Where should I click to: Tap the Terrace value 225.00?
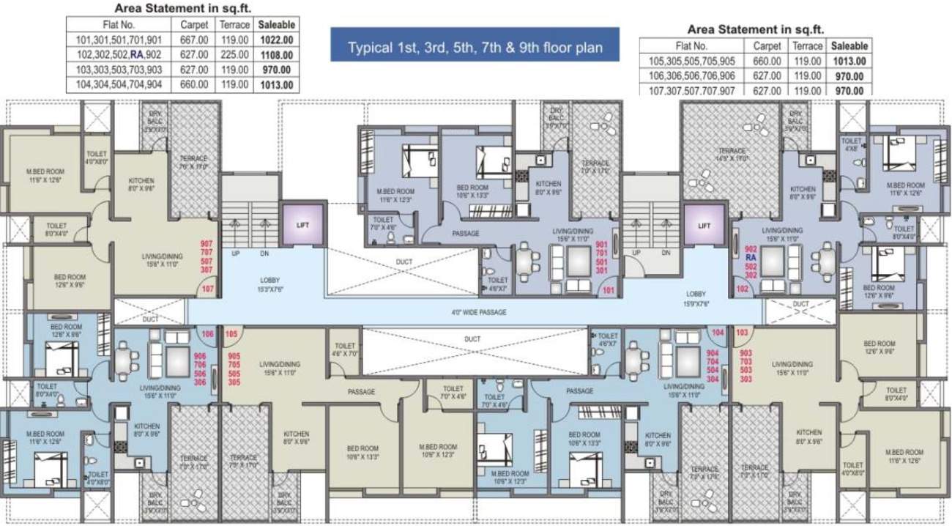[x=235, y=55]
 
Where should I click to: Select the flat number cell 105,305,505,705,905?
[x=692, y=61]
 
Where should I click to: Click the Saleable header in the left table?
[x=275, y=24]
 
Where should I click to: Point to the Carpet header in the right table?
[x=767, y=45]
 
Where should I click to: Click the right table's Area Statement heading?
[x=756, y=29]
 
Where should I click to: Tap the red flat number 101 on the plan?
[x=607, y=290]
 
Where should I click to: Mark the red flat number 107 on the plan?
[x=207, y=289]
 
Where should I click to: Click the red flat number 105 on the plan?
[x=231, y=334]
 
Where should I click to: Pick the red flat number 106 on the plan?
[x=207, y=334]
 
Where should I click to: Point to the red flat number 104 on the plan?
[x=718, y=333]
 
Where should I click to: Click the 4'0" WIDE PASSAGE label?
[x=478, y=312]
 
